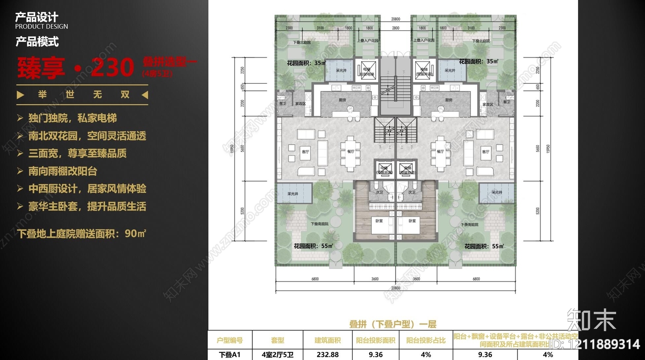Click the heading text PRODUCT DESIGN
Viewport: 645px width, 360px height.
pyautogui.click(x=42, y=27)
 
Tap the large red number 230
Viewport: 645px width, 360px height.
pyautogui.click(x=112, y=67)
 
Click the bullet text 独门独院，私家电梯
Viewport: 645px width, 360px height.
pyautogui.click(x=73, y=118)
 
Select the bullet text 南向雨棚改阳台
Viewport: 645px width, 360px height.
pyautogui.click(x=63, y=171)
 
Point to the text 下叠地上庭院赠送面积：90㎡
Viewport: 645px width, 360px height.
pyautogui.click(x=82, y=233)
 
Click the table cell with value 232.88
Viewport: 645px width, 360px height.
pyautogui.click(x=327, y=355)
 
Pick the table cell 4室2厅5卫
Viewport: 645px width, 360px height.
pyautogui.click(x=277, y=355)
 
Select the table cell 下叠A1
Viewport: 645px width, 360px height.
pyautogui.click(x=230, y=355)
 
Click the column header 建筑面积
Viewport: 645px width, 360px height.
pyautogui.click(x=327, y=340)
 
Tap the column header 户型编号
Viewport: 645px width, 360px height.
pyautogui.click(x=230, y=340)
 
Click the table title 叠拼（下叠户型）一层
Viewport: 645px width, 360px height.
pyautogui.click(x=393, y=324)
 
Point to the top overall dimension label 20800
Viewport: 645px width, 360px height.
pyautogui.click(x=395, y=19)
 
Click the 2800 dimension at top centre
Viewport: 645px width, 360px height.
pyautogui.click(x=395, y=28)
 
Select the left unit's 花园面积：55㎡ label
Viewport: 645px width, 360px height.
pyautogui.click(x=313, y=246)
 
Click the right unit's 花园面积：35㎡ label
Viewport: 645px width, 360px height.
pyautogui.click(x=479, y=62)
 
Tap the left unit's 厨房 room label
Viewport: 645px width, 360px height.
pyautogui.click(x=342, y=100)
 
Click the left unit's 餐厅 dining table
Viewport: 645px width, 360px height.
pyautogui.click(x=350, y=152)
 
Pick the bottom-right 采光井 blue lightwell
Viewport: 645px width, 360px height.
pyautogui.click(x=497, y=193)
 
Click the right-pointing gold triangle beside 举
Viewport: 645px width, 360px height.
pyautogui.click(x=21, y=95)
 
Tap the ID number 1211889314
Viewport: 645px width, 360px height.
pyautogui.click(x=604, y=344)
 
